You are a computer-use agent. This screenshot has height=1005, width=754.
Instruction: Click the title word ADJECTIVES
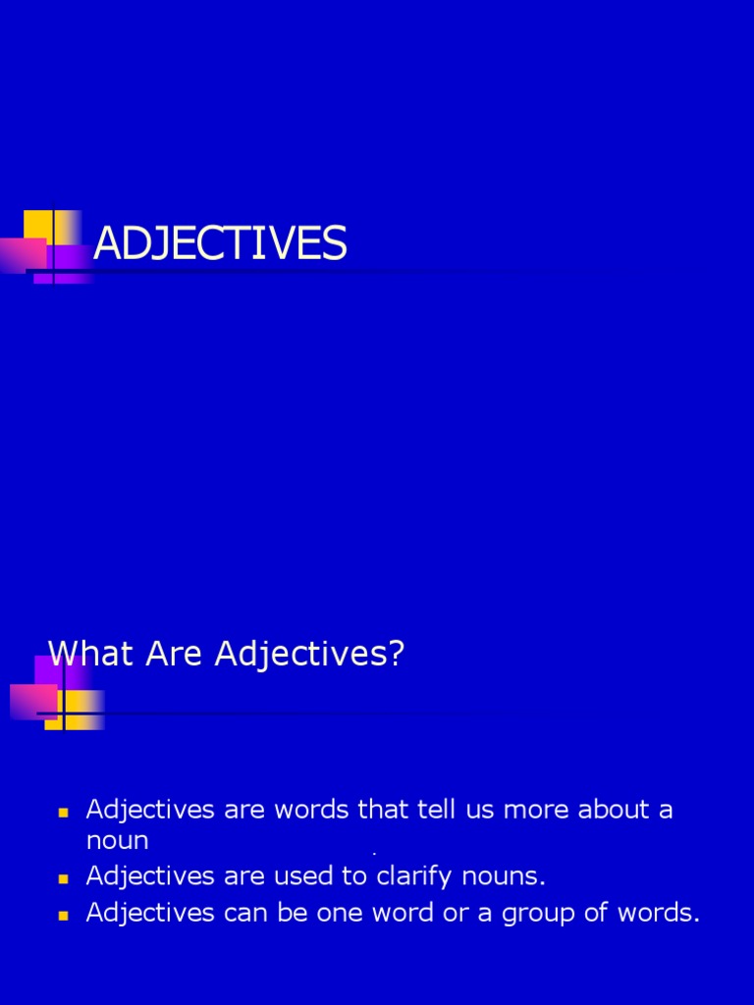pos(219,243)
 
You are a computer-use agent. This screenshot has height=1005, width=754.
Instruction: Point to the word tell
pos(428,811)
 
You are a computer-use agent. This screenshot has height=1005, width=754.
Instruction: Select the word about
pos(615,811)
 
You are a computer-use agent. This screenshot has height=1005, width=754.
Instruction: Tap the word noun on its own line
pos(117,841)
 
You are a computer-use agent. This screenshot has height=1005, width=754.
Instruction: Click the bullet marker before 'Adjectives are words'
pos(64,813)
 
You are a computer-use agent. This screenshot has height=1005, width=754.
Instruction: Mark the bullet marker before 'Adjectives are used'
pos(64,876)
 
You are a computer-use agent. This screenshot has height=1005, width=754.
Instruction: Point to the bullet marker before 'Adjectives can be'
pos(64,915)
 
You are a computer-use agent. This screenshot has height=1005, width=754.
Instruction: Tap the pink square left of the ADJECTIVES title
pos(22,255)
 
